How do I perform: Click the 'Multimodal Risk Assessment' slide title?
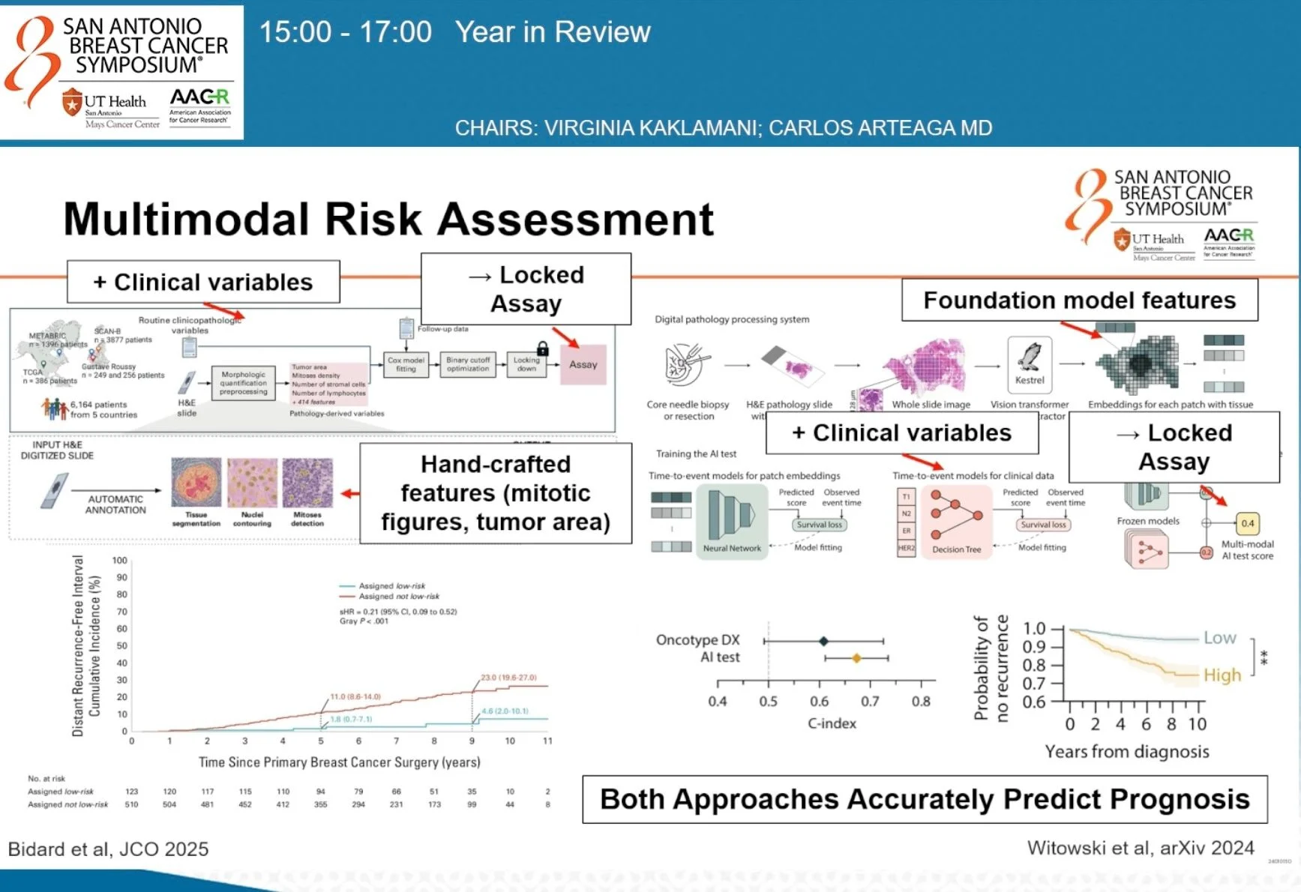point(388,219)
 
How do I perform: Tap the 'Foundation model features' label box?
point(1079,301)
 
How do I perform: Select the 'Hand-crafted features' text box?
point(496,492)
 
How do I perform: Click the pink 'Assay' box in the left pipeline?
point(583,364)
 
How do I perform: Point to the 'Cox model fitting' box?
point(406,364)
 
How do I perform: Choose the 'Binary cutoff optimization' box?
point(468,364)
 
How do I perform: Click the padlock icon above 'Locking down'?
point(542,349)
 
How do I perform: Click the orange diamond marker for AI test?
point(856,658)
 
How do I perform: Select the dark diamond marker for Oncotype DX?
point(823,641)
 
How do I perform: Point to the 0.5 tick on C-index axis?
point(768,701)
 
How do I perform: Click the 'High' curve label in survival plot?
point(1222,675)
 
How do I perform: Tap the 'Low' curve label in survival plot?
point(1219,638)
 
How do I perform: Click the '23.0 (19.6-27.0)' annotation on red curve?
point(508,677)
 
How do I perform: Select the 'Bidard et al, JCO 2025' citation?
point(108,849)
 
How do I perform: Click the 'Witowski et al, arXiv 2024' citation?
point(1140,848)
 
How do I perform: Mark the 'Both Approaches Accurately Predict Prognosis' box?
point(925,799)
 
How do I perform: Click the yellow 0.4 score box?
point(1247,523)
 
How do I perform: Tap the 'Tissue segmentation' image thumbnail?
point(196,483)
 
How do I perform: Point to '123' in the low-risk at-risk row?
point(132,792)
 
